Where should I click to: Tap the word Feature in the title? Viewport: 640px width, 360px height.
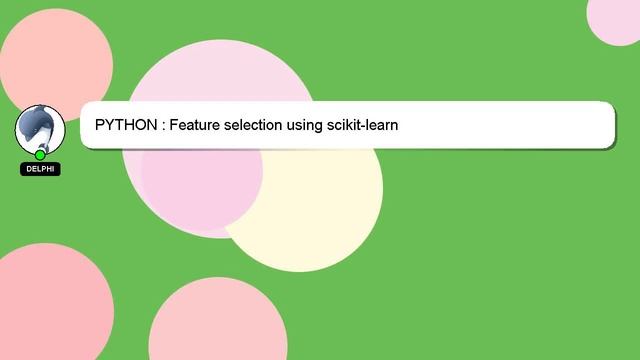[x=195, y=126]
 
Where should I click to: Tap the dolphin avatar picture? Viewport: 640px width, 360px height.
[x=40, y=128]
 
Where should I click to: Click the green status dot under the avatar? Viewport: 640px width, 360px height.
[x=40, y=155]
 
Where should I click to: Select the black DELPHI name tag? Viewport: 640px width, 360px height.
[x=40, y=170]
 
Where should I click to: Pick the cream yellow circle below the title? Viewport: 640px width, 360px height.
[x=320, y=215]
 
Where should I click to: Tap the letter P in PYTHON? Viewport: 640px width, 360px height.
[x=100, y=126]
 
